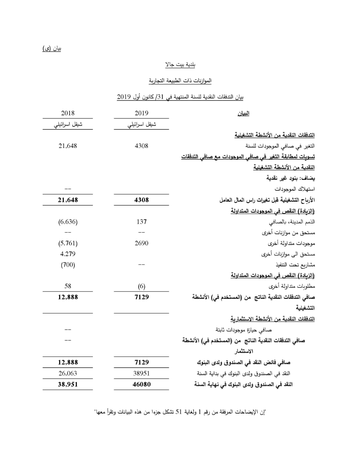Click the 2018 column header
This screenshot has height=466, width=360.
pos(68,113)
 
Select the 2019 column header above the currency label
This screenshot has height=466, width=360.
pos(142,113)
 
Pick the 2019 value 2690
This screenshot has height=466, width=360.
pos(142,243)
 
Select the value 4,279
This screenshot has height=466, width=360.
pos(68,254)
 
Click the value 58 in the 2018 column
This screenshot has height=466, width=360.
pos(68,286)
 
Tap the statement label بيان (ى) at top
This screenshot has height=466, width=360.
pos(52,49)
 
